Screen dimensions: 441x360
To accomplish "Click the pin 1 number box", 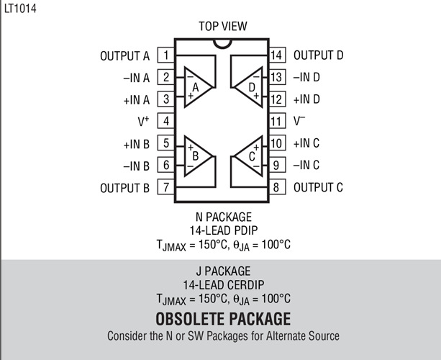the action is coord(166,55).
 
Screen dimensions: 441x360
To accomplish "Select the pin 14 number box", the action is coord(277,55).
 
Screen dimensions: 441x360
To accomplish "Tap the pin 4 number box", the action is coord(166,121).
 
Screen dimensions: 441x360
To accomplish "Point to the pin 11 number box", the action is coord(277,121).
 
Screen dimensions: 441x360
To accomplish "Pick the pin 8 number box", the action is coord(277,187).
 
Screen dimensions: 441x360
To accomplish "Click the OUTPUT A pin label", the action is coord(125,56).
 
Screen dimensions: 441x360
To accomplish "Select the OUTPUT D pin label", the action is coord(319,55).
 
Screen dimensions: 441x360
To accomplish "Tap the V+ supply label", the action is coord(143,121).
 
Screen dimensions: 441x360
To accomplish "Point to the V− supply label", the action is coord(299,121).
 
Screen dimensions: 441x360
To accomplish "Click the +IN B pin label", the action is coord(137,144).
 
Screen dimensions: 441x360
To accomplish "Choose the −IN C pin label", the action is coord(306,165).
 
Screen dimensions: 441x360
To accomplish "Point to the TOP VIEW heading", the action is coord(223,26).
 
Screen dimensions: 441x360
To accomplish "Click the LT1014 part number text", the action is coord(20,8).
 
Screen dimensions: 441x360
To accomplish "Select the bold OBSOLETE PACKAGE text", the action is coord(223,319).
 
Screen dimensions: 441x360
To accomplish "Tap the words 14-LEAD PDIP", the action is coord(224,230).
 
